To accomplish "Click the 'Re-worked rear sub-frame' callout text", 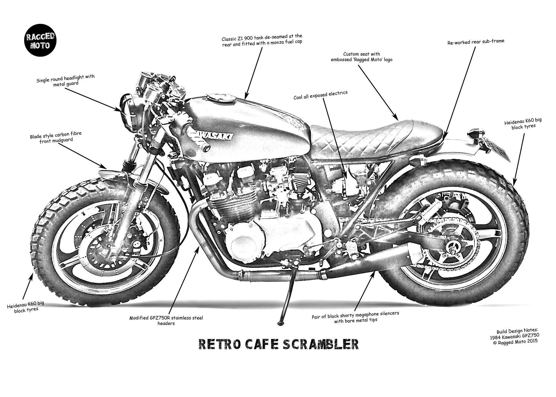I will click(x=476, y=42).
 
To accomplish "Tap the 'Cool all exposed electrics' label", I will click(x=320, y=95).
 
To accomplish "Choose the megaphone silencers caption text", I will click(x=355, y=316).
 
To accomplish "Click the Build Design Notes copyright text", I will click(x=517, y=335).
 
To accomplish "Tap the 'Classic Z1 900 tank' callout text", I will click(x=262, y=39).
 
